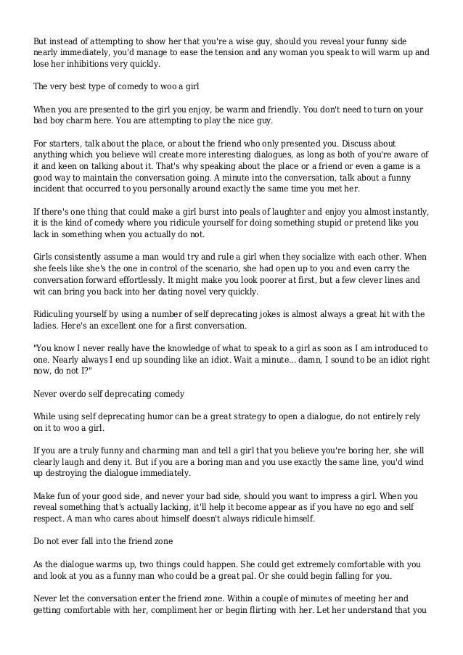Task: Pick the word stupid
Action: tap(306, 223)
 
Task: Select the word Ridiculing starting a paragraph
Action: tap(56, 313)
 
